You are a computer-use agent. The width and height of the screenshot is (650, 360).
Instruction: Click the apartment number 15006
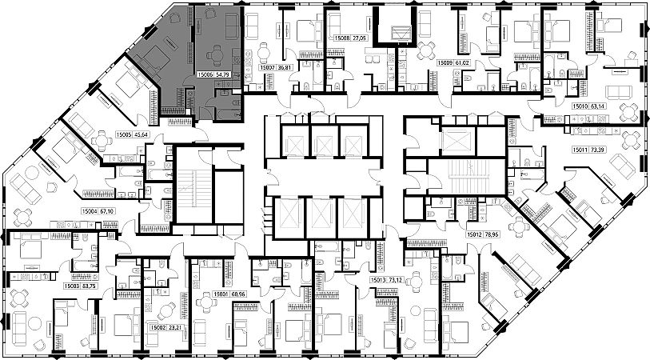tap(205, 74)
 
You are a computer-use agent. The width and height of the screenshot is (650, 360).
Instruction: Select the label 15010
tap(581, 106)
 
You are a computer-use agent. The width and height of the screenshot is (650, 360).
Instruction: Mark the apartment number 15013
tap(379, 280)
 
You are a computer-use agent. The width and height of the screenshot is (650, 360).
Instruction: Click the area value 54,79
tap(225, 74)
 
